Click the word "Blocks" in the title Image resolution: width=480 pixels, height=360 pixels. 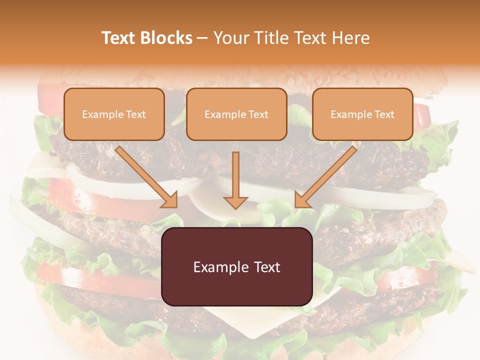pyautogui.click(x=166, y=38)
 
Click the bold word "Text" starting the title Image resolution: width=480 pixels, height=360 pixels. pyautogui.click(x=119, y=38)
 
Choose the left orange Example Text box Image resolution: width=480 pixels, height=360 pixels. pyautogui.click(x=114, y=114)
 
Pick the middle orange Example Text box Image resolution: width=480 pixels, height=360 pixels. pyautogui.click(x=236, y=114)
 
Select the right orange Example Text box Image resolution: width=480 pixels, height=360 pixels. pyautogui.click(x=362, y=114)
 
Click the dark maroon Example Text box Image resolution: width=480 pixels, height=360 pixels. pyautogui.click(x=236, y=267)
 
